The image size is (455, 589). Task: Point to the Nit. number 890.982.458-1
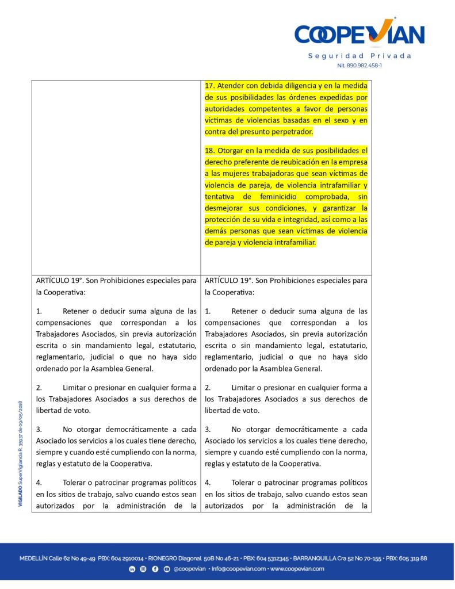point(360,66)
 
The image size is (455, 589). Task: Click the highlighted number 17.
point(210,86)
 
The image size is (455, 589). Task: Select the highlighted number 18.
point(210,151)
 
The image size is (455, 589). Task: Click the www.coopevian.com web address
point(297,569)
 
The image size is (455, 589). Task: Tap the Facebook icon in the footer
point(155,569)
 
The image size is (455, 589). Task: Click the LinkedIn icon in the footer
point(132,569)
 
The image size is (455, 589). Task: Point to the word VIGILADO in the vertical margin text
point(20,495)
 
